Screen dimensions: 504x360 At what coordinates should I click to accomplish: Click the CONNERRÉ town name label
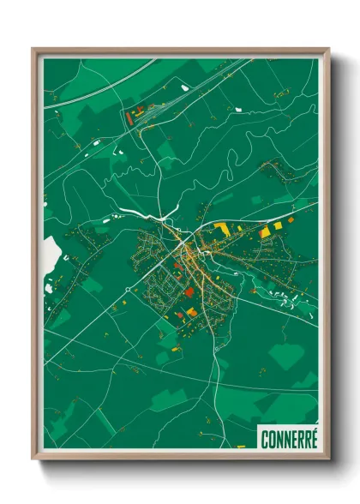click(x=288, y=438)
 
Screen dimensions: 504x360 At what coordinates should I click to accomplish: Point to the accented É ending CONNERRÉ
click(x=313, y=437)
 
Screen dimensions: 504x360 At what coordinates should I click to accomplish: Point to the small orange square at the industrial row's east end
click(x=291, y=220)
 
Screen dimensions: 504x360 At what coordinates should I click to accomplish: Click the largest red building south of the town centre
click(x=189, y=292)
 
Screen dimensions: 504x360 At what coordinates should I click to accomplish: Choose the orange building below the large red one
click(x=192, y=313)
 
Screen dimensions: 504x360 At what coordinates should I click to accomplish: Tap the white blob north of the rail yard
click(x=184, y=86)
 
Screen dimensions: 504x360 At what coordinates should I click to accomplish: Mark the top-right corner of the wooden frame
click(x=327, y=50)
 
